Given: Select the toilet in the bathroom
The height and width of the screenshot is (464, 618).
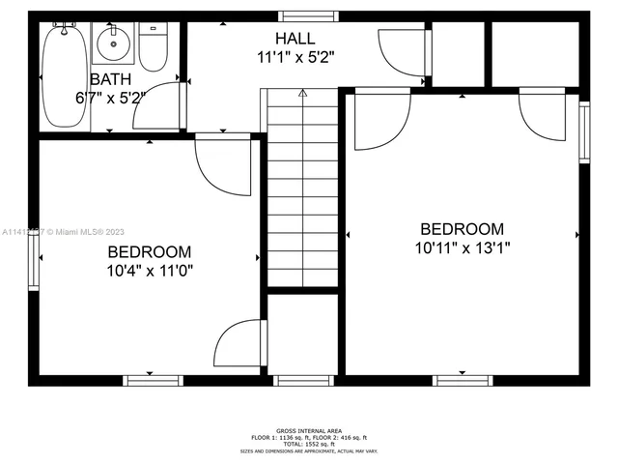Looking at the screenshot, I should (x=153, y=46).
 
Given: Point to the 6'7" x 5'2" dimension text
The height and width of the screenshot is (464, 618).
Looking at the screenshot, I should (x=110, y=98).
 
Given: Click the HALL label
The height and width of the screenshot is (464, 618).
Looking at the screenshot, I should (x=295, y=38).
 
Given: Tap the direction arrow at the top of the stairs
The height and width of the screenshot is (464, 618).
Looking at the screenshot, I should (x=302, y=94).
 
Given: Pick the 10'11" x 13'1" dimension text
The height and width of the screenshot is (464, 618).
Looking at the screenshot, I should (x=462, y=247).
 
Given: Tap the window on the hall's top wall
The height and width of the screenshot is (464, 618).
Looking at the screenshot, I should (x=309, y=15).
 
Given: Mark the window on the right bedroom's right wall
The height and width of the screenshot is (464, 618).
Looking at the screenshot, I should (x=583, y=130).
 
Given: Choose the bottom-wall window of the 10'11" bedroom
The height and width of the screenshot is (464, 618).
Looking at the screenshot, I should (x=462, y=380).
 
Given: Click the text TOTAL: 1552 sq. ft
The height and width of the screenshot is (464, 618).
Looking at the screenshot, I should (x=309, y=444).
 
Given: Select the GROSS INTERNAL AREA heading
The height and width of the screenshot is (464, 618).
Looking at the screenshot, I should (x=309, y=430).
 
